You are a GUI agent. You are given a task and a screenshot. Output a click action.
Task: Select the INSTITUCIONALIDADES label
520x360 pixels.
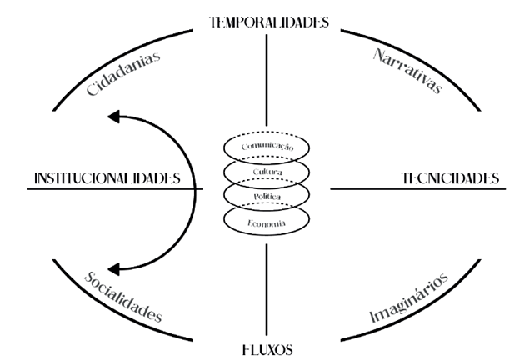(107, 178)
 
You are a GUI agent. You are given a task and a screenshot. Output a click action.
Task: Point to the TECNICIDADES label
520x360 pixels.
(450, 178)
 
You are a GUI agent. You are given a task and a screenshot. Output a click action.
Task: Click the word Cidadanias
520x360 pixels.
(123, 73)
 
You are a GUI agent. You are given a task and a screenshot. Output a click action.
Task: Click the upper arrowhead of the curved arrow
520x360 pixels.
(119, 117)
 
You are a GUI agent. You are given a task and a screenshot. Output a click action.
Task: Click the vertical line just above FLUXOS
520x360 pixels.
(267, 292)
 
